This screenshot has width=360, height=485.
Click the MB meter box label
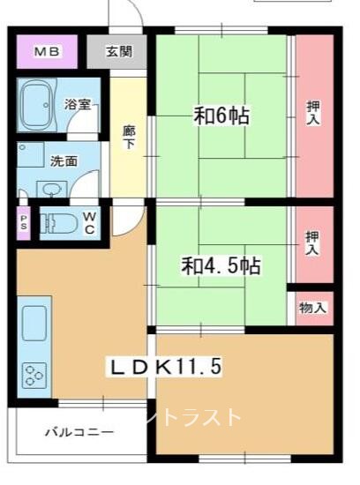pyautogui.click(x=47, y=51)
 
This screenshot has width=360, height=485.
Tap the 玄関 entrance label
pyautogui.click(x=119, y=51)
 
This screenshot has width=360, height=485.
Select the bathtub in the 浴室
pyautogui.click(x=37, y=105)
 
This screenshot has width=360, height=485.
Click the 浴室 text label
pyautogui.click(x=78, y=104)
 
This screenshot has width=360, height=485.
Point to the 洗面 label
pyautogui.click(x=64, y=161)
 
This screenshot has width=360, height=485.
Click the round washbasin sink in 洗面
pyautogui.click(x=50, y=189)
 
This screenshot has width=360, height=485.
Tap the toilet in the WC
pyautogui.click(x=58, y=223)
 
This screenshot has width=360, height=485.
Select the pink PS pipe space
pyautogui.click(x=24, y=223)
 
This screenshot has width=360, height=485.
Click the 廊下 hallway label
pyautogui.click(x=129, y=137)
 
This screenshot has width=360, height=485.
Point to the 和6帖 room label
pyautogui.click(x=221, y=116)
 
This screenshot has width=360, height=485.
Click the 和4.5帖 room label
pyautogui.click(x=221, y=265)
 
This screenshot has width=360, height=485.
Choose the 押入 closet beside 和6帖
pyautogui.click(x=314, y=116)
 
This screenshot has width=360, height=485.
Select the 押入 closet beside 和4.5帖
pyautogui.click(x=314, y=244)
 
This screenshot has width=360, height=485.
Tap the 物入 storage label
pyautogui.click(x=312, y=308)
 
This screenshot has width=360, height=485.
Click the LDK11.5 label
pyautogui.click(x=166, y=367)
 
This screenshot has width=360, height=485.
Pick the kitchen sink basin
pyautogui.click(x=34, y=323)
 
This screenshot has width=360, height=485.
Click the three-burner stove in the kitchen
pyautogui.click(x=34, y=376)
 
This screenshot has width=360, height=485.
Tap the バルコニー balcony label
pyautogui.click(x=79, y=432)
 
